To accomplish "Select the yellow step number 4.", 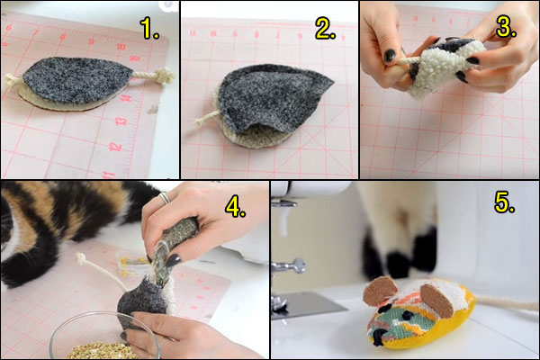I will point(236,207).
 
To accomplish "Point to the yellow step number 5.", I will point(505,204).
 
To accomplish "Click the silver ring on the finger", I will point(164,197).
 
